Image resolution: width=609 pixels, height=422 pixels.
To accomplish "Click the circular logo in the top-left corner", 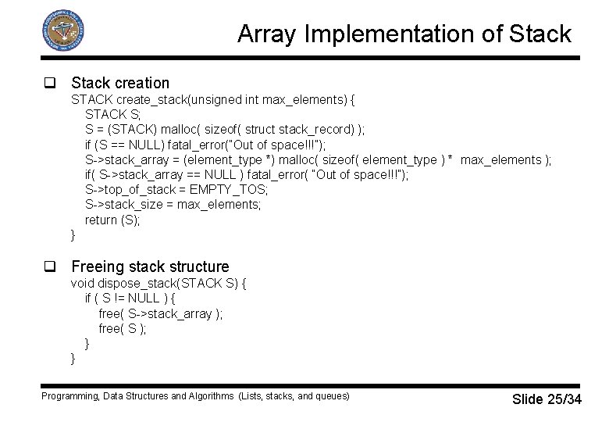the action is (x=62, y=32).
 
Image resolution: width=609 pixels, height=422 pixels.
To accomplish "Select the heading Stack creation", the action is (x=120, y=83).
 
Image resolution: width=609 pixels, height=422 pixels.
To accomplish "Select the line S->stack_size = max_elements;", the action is (x=173, y=205).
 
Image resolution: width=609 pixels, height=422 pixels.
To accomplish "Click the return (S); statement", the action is (x=112, y=220).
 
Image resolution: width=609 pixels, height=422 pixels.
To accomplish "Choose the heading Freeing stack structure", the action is (x=150, y=267).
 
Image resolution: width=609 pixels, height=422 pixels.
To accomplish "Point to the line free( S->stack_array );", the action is (x=160, y=314).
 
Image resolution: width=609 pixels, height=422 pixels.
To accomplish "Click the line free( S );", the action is (x=123, y=329).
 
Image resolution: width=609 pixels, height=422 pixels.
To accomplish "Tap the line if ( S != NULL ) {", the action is (x=130, y=299).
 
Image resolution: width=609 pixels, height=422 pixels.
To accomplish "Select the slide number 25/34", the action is (x=564, y=400).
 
